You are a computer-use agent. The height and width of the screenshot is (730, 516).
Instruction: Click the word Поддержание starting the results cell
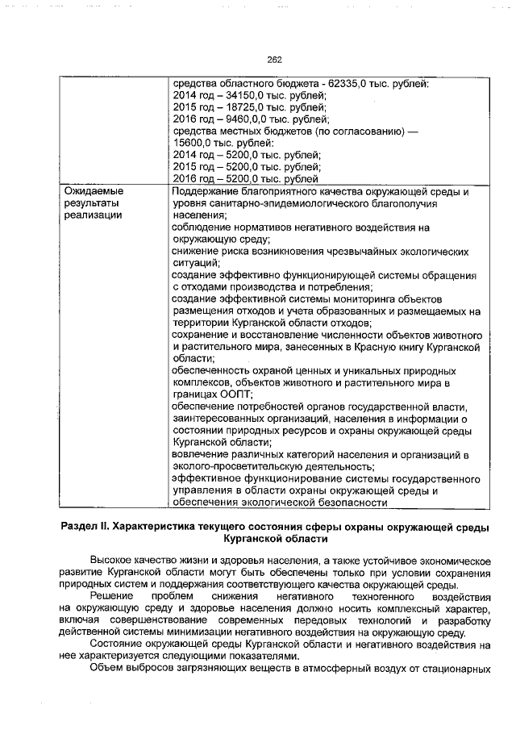(x=207, y=191)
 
